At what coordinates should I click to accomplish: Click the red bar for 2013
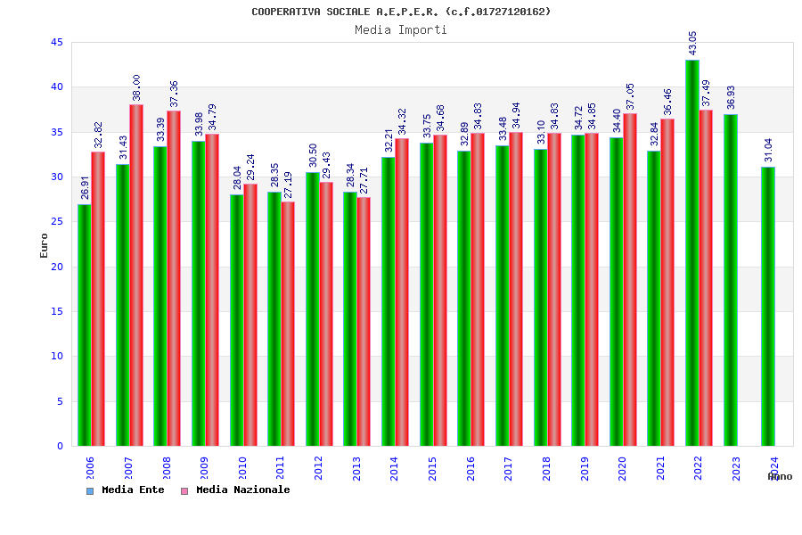click(364, 321)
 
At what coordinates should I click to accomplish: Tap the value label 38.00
click(136, 87)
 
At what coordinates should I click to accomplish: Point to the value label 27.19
click(288, 185)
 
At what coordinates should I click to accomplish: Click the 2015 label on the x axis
click(432, 467)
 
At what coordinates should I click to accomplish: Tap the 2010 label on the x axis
click(242, 467)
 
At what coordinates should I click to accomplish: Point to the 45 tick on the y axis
click(56, 43)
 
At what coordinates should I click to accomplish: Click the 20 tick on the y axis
click(56, 267)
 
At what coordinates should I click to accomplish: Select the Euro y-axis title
click(45, 245)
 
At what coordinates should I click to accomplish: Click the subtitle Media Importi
click(401, 29)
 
